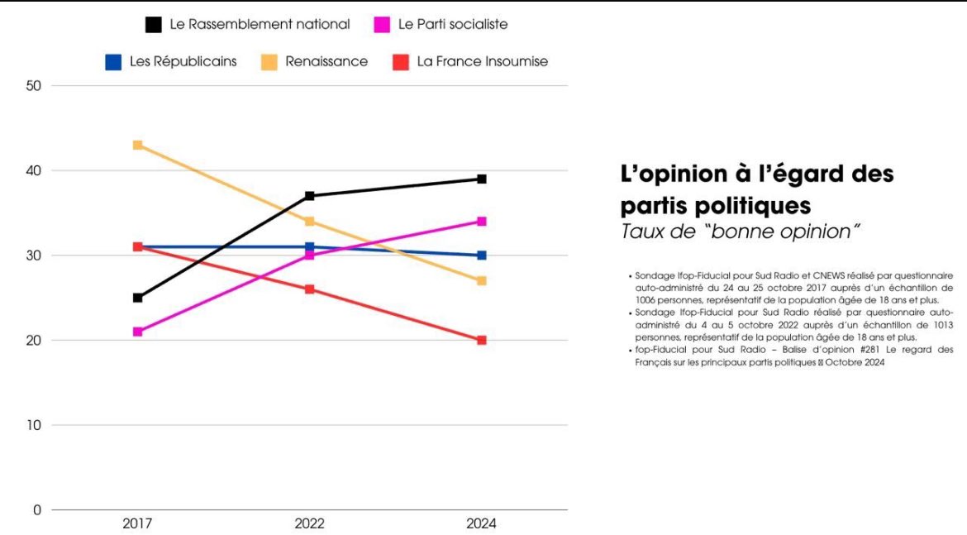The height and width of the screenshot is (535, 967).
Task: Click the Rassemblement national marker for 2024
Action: point(482,179)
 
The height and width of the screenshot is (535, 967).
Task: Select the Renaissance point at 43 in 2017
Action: point(138,145)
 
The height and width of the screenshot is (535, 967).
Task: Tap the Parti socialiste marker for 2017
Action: point(138,332)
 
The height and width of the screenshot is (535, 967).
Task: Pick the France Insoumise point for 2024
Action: point(482,340)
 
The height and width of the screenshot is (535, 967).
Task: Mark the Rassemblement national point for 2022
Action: point(310,196)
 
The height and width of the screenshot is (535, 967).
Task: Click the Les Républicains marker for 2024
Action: point(482,256)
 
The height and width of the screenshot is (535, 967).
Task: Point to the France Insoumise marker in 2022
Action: point(310,289)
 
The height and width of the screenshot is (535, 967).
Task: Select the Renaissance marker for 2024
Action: point(482,281)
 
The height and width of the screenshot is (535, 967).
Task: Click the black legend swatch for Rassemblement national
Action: point(153,25)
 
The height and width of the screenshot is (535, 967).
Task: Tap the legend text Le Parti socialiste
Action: point(453,25)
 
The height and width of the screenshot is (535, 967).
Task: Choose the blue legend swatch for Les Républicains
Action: point(113,61)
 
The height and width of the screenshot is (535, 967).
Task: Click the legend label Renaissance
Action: point(326,61)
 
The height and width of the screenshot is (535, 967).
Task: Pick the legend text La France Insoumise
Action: point(482,61)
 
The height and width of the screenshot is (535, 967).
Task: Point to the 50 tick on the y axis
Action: point(34,86)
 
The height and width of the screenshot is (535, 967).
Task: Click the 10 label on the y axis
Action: point(34,425)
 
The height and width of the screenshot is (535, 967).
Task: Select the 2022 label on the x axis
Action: point(310,524)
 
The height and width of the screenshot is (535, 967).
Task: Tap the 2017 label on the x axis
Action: point(138,524)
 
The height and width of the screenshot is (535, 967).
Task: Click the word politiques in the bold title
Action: point(760,203)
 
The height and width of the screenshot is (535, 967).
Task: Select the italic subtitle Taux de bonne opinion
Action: point(736,232)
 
